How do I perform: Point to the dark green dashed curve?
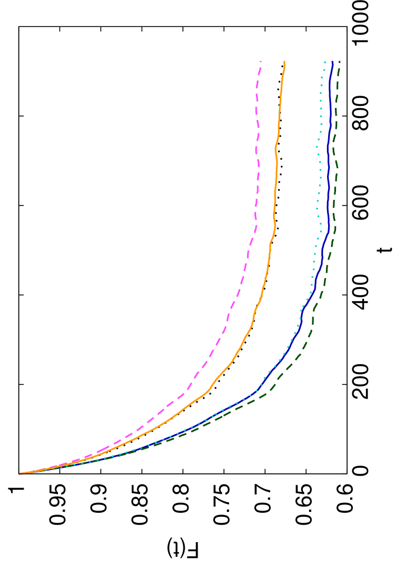click(334, 186)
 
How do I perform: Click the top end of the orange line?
click(284, 61)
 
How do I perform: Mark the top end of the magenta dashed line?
click(261, 61)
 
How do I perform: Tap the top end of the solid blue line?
click(333, 61)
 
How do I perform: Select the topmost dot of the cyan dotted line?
click(325, 62)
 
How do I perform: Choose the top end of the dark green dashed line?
click(339, 61)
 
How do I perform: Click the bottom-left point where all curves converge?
click(20, 473)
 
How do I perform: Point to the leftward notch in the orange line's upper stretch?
click(275, 148)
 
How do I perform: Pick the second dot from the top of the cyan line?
click(324, 70)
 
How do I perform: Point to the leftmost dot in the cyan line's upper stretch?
click(317, 148)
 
